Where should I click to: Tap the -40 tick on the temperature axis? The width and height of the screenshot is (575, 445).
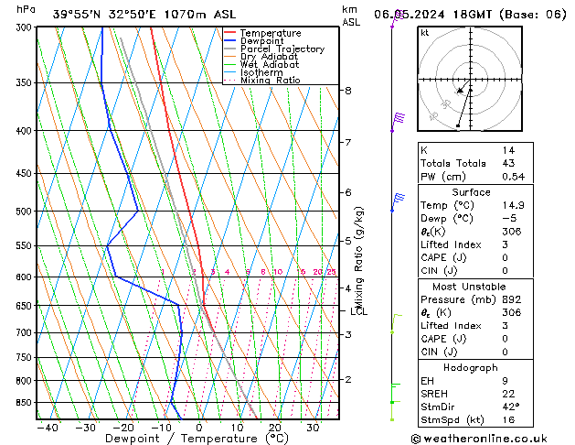(48, 428)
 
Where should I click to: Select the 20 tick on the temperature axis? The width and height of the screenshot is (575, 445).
(274, 428)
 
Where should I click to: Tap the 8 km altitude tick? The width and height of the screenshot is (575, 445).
(348, 91)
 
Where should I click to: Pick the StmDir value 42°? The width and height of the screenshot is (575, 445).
(510, 407)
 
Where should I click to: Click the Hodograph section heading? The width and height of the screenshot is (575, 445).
(472, 367)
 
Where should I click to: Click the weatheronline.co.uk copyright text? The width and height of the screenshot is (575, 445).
(492, 438)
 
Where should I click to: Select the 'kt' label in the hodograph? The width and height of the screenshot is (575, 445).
(425, 32)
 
